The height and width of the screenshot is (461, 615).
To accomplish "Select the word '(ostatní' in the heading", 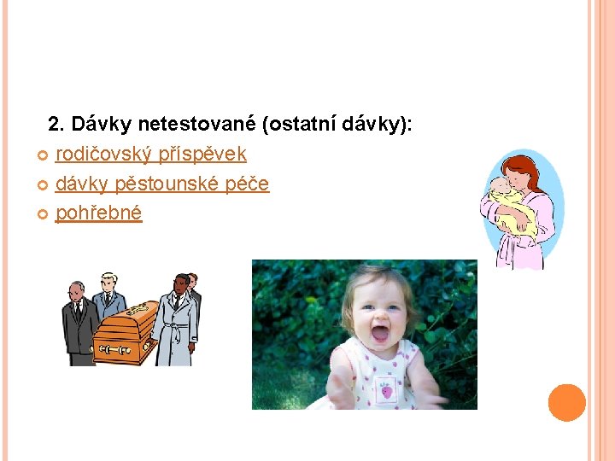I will point(300,125).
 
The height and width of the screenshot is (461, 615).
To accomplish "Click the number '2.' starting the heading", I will point(57,125).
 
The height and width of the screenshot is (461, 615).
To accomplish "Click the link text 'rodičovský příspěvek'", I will point(151,155).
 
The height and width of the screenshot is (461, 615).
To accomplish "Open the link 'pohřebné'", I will point(99,213).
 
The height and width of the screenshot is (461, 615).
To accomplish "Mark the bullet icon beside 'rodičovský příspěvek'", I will point(44,155).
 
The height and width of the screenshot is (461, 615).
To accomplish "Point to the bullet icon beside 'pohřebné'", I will point(44,213).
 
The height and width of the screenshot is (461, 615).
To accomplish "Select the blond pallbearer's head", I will point(108,282).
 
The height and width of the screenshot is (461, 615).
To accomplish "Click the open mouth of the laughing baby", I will point(380,332).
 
